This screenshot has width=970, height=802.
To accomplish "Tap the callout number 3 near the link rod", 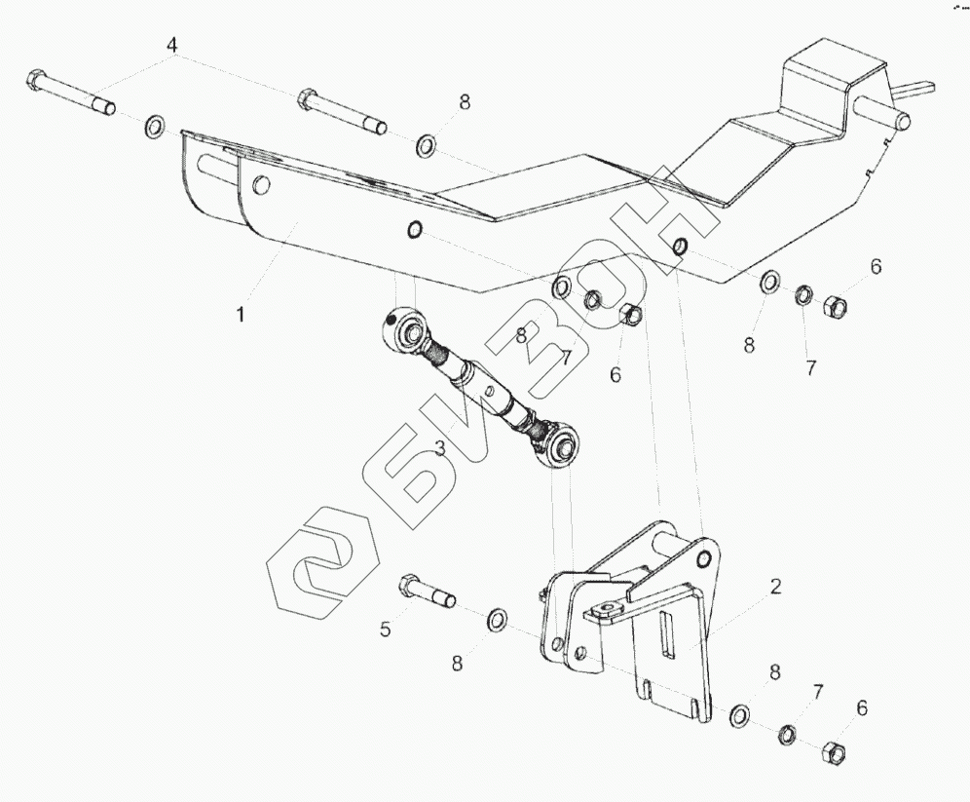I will coord(441,447).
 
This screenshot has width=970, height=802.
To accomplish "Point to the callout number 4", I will coord(172,46).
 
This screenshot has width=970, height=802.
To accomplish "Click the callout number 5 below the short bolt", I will coord(386,630).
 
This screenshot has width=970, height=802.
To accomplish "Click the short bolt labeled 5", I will coord(426,591).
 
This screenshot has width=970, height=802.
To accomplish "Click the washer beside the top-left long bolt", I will coord(155,127).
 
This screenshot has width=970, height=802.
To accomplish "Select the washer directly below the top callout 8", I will coord(427,147).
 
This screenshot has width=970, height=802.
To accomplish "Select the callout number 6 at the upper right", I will coord(876,267).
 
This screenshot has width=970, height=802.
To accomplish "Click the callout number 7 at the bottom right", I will coord(818,693).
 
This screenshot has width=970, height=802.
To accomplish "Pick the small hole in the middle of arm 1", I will coord(413,230).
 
